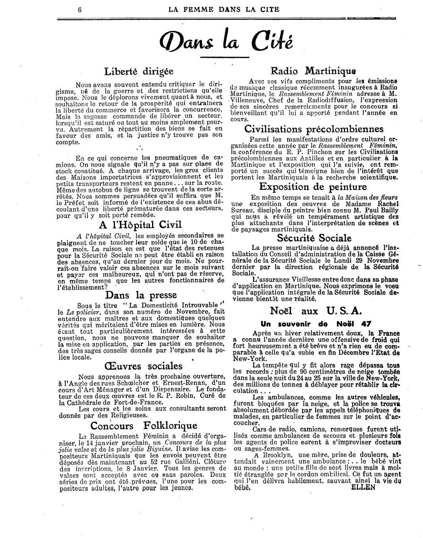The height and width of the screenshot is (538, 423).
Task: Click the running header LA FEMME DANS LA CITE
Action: (224, 9)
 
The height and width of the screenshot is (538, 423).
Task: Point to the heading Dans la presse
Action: (141, 295)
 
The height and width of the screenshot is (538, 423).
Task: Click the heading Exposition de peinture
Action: (313, 186)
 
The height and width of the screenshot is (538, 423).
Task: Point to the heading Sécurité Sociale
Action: (314, 238)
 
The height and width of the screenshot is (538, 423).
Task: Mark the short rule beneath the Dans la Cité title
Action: (226, 58)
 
